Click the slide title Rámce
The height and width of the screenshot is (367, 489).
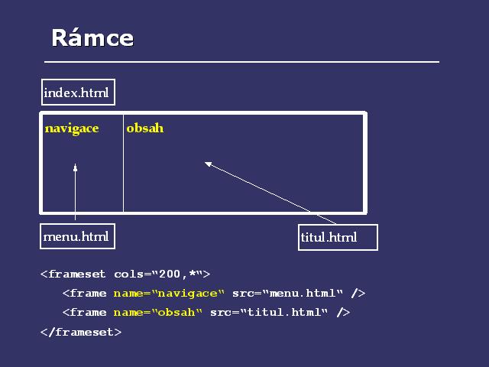(92, 37)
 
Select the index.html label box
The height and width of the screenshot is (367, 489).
(78, 92)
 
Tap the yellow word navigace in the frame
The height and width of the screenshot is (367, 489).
(72, 129)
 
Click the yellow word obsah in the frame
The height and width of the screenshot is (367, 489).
(145, 128)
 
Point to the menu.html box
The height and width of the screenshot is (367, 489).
(78, 236)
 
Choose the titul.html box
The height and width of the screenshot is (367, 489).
(338, 237)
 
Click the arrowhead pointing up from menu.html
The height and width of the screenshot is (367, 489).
(75, 167)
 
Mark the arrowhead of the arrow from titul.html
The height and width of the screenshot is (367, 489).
(209, 164)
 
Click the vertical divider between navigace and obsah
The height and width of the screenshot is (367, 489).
(124, 163)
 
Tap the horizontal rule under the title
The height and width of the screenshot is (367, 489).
(241, 62)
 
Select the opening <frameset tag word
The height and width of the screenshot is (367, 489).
(73, 274)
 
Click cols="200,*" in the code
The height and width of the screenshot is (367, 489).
(162, 274)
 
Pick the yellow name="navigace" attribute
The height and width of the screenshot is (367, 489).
(169, 294)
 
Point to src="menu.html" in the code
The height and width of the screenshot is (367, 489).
(287, 293)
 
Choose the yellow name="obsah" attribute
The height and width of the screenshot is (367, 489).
(158, 313)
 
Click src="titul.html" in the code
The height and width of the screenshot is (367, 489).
(269, 313)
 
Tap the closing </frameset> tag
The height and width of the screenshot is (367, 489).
(81, 332)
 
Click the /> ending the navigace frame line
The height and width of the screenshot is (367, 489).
(358, 293)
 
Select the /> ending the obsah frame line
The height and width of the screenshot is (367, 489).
(343, 313)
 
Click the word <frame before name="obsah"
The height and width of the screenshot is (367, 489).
(85, 313)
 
